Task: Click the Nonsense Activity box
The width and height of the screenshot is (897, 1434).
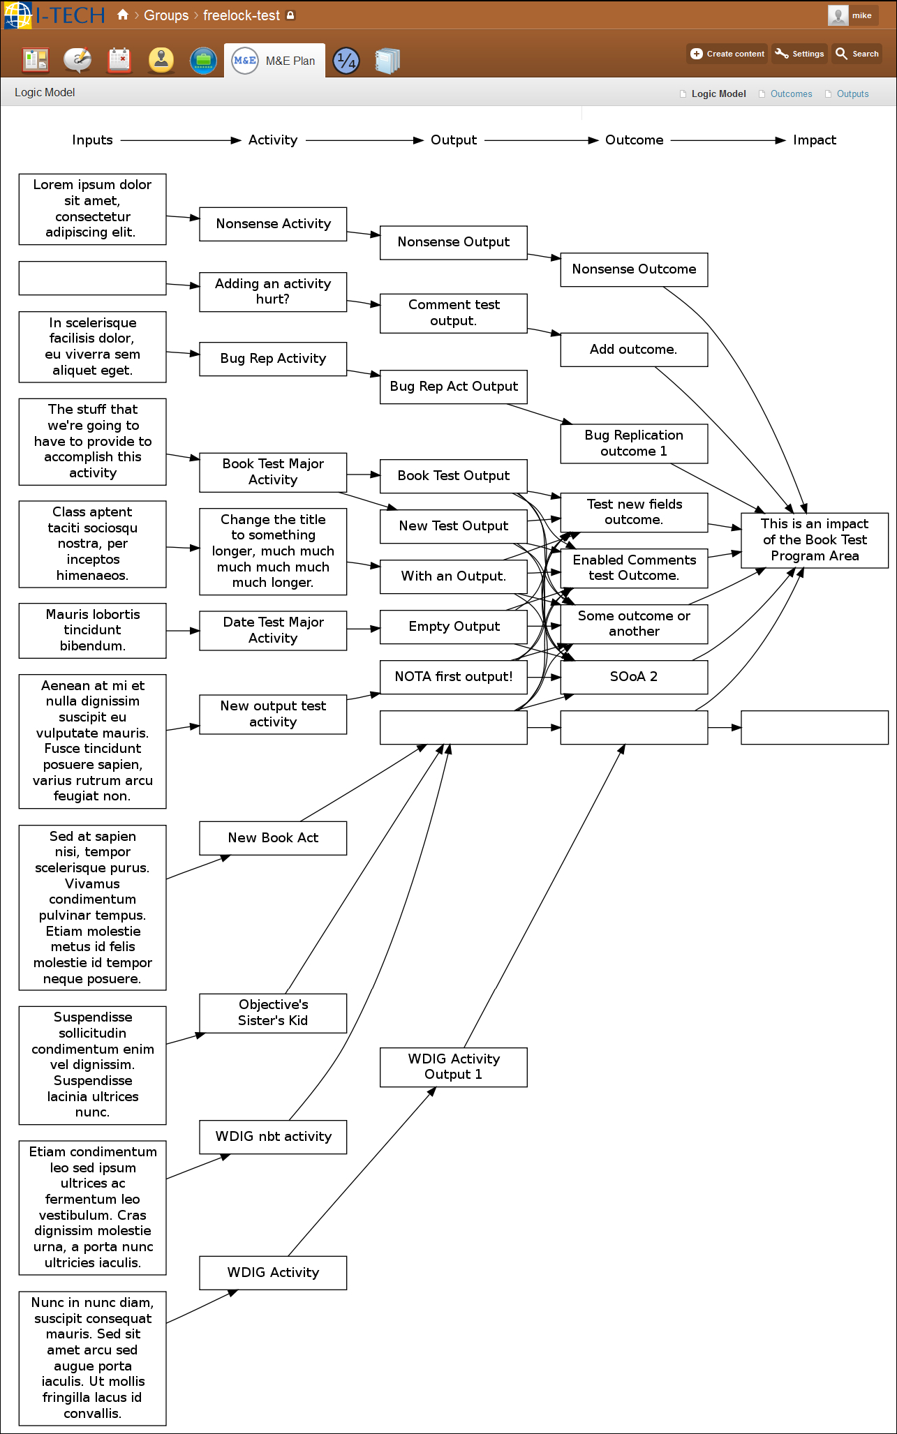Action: pos(273,224)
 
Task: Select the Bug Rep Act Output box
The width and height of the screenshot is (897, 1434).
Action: pos(454,387)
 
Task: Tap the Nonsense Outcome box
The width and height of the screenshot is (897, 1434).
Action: pos(634,269)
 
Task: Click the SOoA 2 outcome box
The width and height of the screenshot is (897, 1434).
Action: pos(634,677)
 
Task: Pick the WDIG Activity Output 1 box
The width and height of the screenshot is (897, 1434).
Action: pos(454,1067)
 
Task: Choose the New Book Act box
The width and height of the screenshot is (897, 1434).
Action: pos(273,838)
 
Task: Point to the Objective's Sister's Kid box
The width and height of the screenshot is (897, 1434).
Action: pos(273,1013)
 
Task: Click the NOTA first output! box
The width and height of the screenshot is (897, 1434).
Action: pos(454,677)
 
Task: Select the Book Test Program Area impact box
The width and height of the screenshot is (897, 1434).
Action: pos(815,540)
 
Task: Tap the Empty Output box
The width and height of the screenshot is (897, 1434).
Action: pos(454,627)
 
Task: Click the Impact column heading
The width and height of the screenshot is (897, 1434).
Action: pos(815,140)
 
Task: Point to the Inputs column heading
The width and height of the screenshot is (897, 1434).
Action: pos(92,140)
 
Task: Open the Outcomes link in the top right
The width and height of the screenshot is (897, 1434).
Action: pos(791,94)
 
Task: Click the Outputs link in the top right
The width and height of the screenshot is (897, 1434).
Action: pos(852,94)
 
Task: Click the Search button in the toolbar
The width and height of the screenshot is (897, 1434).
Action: pos(857,54)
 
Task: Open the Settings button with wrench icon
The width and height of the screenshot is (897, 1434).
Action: pos(799,54)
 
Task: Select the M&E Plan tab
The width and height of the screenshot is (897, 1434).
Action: pos(275,61)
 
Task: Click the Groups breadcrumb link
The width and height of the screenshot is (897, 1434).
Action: pos(166,15)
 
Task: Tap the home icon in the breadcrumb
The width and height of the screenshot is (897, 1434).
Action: pos(123,15)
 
